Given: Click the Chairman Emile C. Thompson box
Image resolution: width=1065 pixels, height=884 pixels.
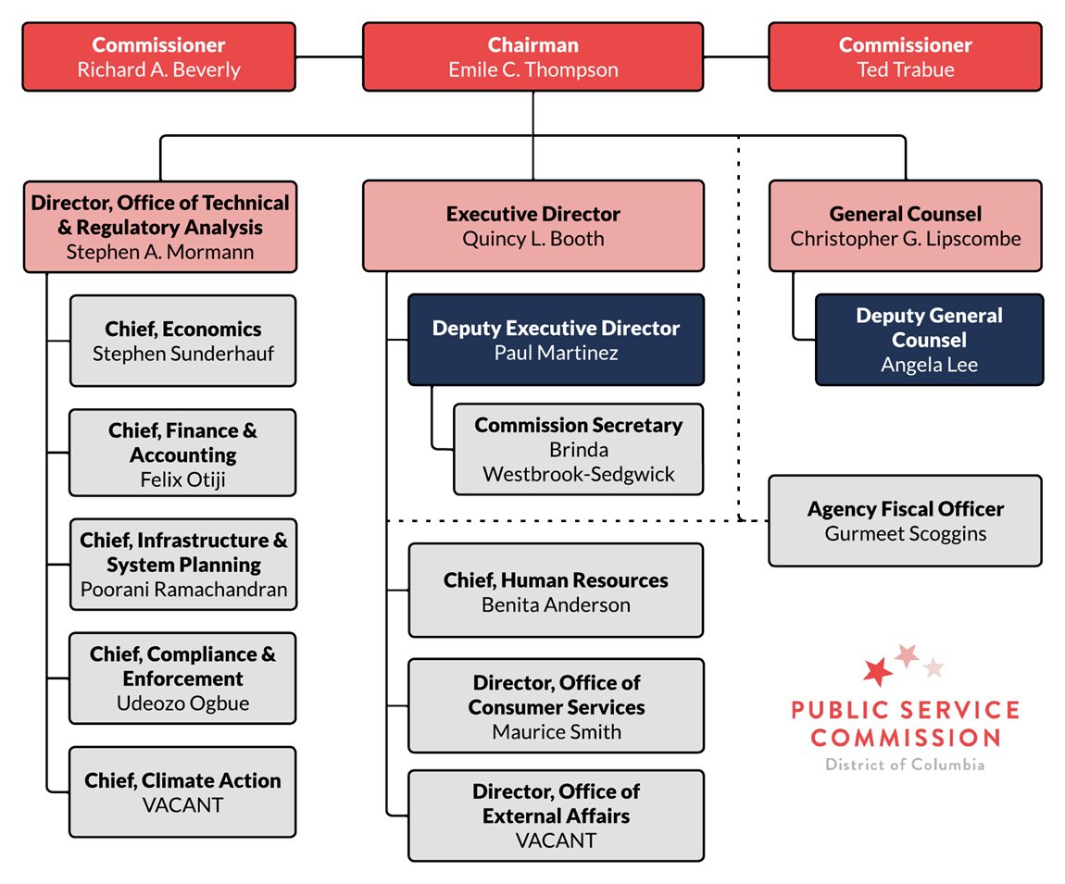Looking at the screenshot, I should pyautogui.click(x=532, y=57).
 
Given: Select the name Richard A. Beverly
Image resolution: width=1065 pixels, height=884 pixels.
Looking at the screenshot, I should pyautogui.click(x=158, y=70).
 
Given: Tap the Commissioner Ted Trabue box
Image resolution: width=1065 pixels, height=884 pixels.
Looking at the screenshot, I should pyautogui.click(x=905, y=57).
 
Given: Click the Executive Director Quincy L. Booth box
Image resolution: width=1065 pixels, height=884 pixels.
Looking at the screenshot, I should pyautogui.click(x=532, y=227).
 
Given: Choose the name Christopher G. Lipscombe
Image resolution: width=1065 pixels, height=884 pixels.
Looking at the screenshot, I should pyautogui.click(x=905, y=239).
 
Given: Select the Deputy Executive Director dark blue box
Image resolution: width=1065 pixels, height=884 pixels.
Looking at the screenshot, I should pyautogui.click(x=556, y=340).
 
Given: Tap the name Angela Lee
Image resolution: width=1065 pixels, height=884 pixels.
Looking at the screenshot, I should pyautogui.click(x=929, y=365).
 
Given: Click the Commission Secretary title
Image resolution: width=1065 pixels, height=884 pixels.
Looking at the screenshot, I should pyautogui.click(x=578, y=425).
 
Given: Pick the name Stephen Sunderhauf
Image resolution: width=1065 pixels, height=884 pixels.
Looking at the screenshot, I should pyautogui.click(x=183, y=354).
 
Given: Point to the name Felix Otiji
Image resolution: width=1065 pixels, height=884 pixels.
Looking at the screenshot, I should pyautogui.click(x=183, y=479).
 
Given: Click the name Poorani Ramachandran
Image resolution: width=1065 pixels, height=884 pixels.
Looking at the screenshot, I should pyautogui.click(x=183, y=589).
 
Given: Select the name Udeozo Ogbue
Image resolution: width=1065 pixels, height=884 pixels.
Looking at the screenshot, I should pyautogui.click(x=183, y=703).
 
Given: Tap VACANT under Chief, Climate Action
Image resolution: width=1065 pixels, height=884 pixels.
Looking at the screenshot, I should pyautogui.click(x=183, y=805).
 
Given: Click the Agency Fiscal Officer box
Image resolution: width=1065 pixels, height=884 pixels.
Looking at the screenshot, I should pyautogui.click(x=905, y=520).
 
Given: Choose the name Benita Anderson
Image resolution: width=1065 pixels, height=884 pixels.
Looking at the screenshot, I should pyautogui.click(x=556, y=605).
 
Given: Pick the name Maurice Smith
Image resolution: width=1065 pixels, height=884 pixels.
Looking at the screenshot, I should pyautogui.click(x=556, y=732).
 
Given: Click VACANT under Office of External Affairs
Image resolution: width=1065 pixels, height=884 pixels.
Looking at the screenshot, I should pyautogui.click(x=556, y=840).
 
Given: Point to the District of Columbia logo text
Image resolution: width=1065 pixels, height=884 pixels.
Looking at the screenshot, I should pyautogui.click(x=905, y=765).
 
